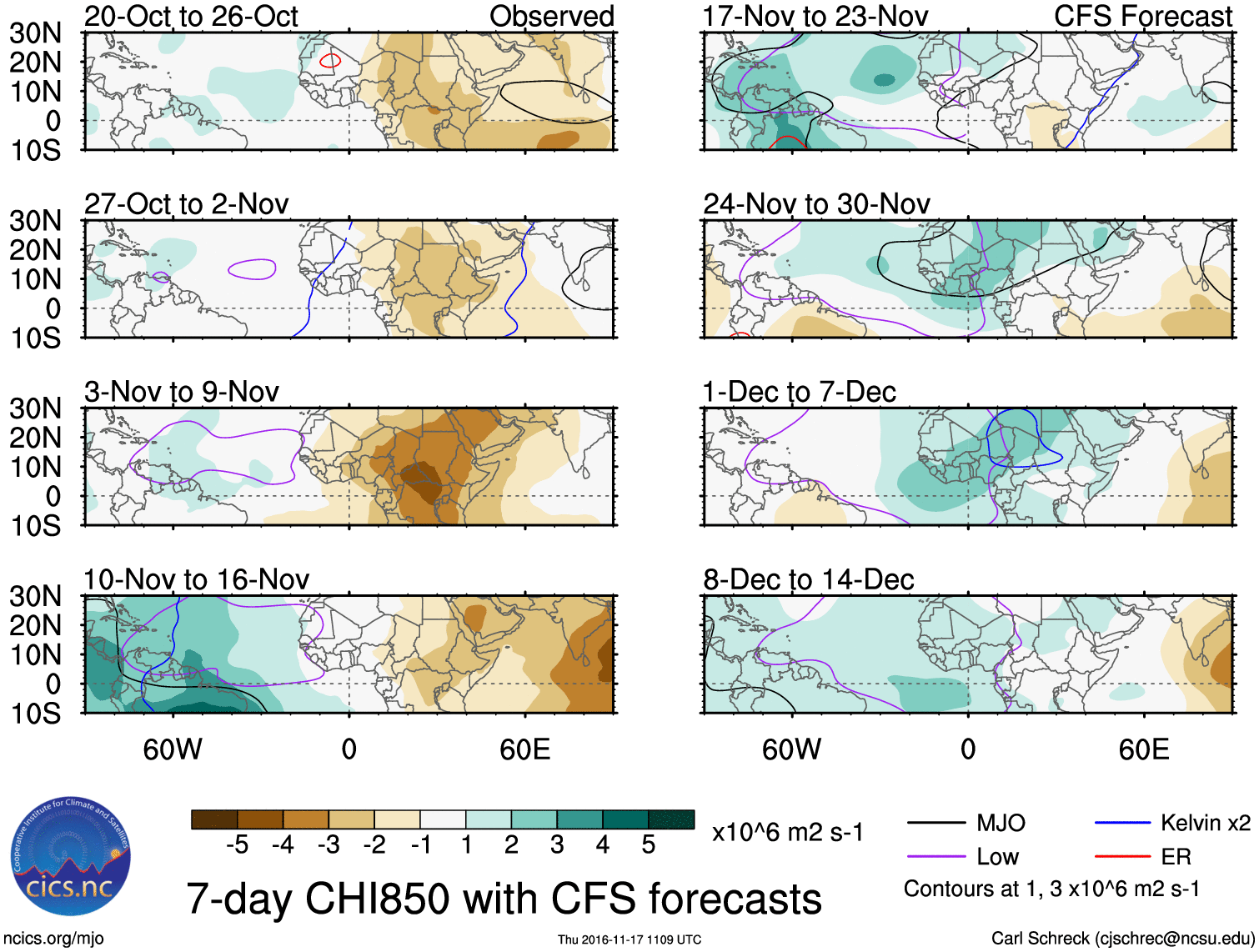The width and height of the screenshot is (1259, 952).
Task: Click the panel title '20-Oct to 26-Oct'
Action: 191,17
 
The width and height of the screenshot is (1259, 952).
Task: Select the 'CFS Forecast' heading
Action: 1142,17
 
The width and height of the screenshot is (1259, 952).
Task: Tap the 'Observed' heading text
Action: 551,17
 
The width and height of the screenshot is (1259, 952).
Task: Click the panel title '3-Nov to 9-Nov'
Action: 182,392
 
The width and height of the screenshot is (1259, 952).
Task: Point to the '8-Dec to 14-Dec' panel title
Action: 808,579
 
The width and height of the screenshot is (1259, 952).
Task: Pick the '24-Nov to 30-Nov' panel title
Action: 816,204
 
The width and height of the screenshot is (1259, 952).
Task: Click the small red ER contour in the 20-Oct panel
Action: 330,60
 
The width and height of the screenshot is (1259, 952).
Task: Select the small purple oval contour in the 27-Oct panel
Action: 252,268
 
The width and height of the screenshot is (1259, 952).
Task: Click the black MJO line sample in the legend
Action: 935,824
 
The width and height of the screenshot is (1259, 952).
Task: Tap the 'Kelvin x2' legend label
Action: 1205,824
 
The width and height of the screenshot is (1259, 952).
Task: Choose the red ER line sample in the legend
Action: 1121,856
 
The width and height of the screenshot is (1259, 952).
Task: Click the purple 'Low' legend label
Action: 997,857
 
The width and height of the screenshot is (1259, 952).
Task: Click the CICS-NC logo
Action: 71,856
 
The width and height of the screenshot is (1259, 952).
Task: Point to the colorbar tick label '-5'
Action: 237,845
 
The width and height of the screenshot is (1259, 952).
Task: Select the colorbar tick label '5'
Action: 648,845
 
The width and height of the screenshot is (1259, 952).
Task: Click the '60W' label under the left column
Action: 173,749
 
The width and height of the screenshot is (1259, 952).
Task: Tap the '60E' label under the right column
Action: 1143,749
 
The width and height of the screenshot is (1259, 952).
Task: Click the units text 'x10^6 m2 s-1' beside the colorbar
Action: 787,833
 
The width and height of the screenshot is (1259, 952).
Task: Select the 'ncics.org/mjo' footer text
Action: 53,938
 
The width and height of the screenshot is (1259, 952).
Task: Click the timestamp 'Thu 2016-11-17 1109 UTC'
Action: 629,939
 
